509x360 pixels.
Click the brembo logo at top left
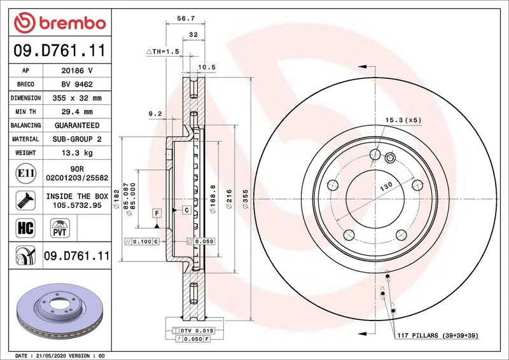(x=60, y=23)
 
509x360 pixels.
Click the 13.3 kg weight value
(x=77, y=153)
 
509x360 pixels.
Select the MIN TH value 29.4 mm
(x=77, y=112)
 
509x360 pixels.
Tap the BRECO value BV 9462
(x=77, y=85)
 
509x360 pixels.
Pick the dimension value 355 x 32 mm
(x=77, y=98)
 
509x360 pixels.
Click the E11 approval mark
(x=25, y=173)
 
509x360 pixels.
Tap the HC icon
(x=25, y=228)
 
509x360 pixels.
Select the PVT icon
(x=60, y=228)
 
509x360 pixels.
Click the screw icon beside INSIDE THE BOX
(x=25, y=200)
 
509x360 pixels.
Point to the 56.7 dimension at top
(x=186, y=18)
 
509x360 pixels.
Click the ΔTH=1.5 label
(x=163, y=52)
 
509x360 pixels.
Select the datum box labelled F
(x=157, y=213)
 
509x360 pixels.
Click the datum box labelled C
(x=186, y=210)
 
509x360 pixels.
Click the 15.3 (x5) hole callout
(x=403, y=120)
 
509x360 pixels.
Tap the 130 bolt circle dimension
(x=386, y=186)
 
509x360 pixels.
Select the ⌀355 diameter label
(x=245, y=199)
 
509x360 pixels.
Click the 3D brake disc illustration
(x=60, y=310)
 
